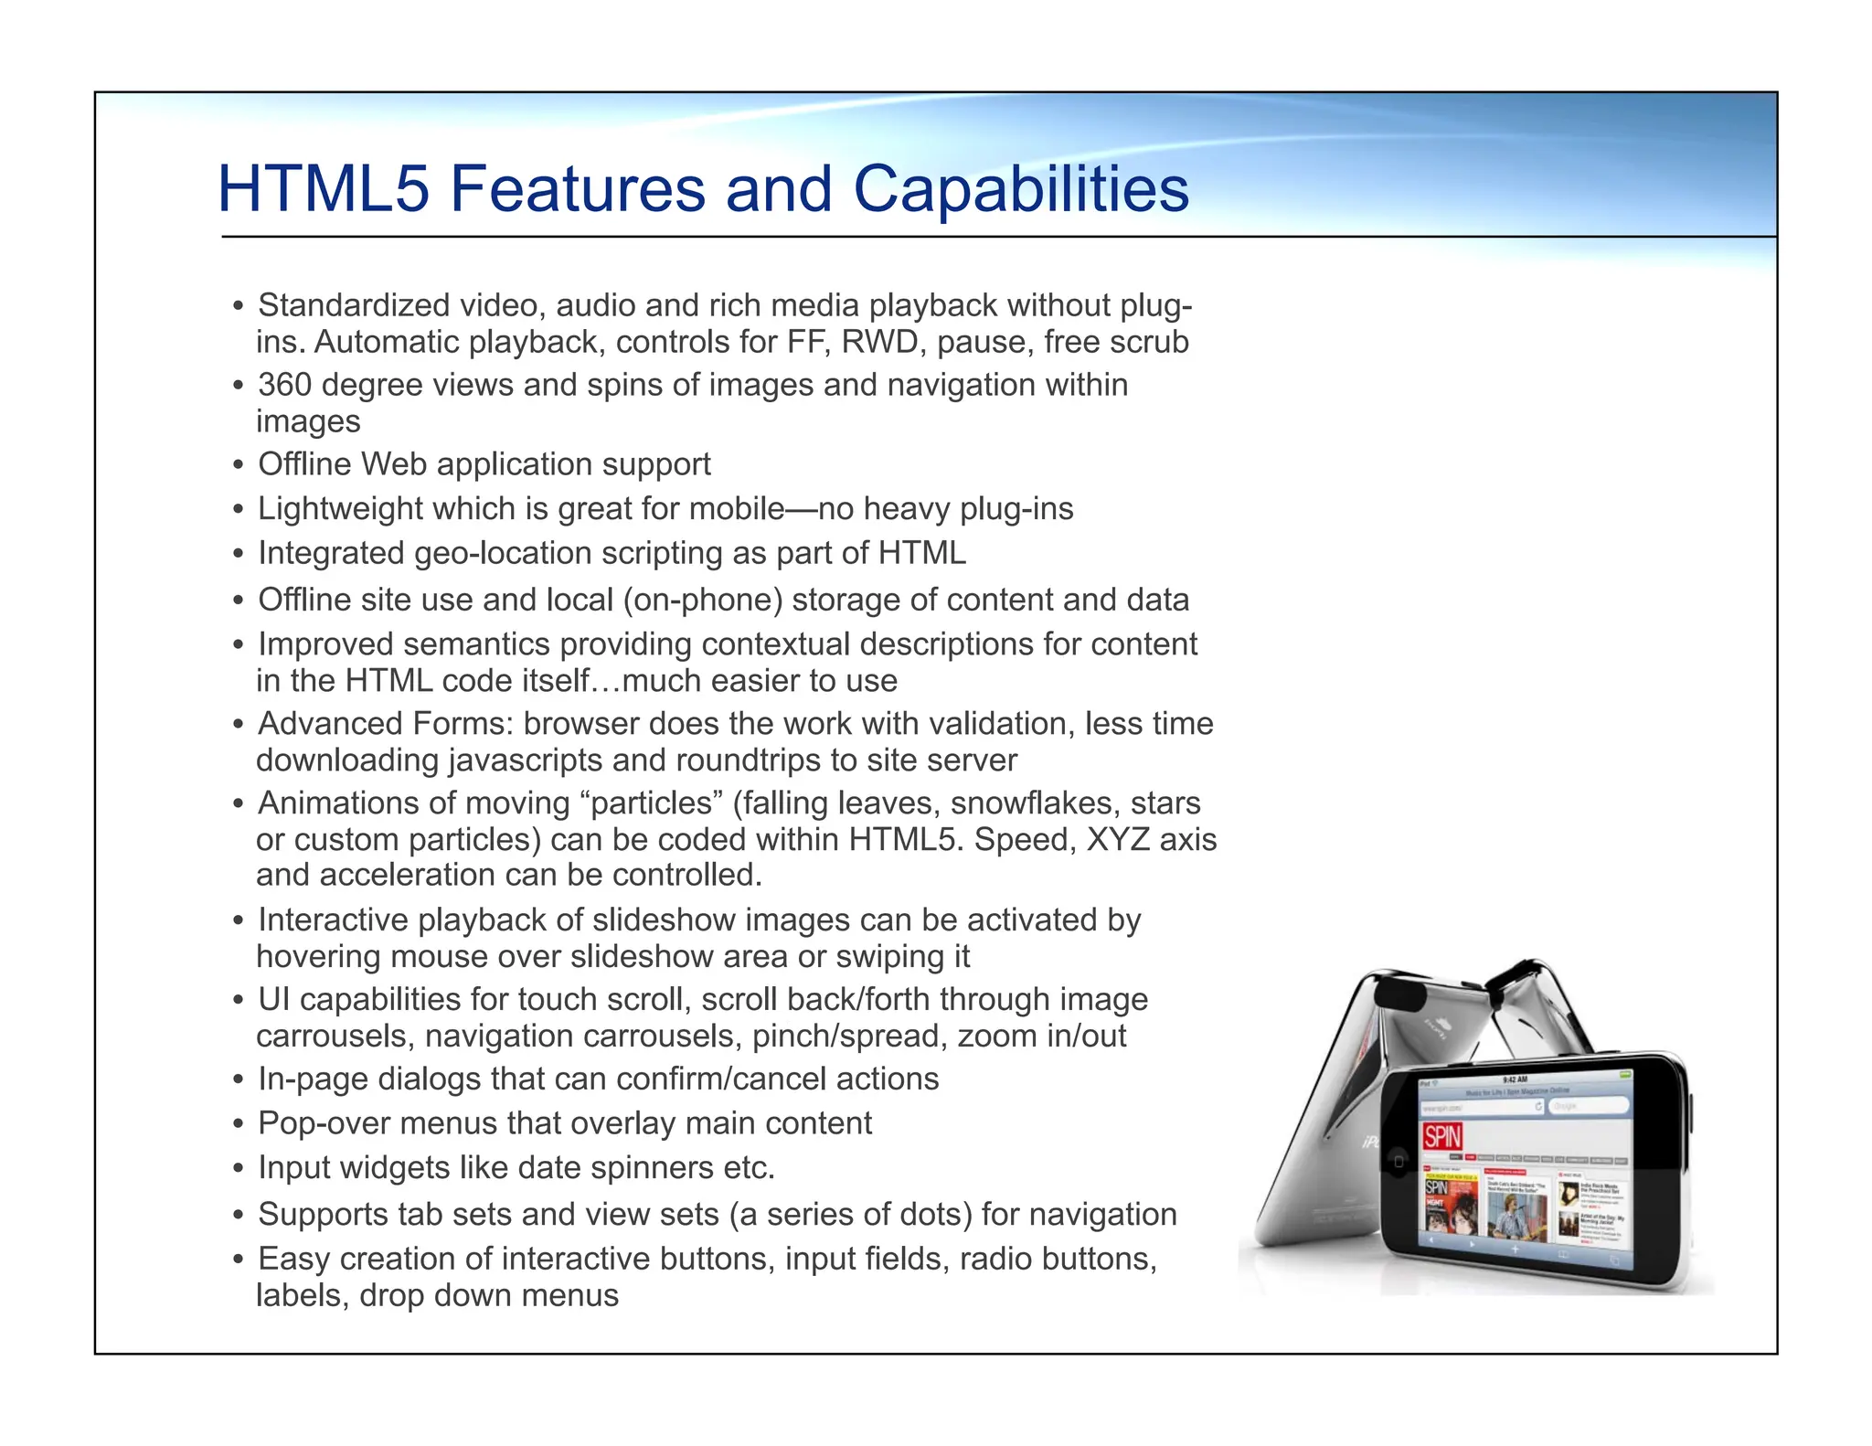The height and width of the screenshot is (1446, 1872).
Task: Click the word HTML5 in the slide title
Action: pyautogui.click(x=323, y=189)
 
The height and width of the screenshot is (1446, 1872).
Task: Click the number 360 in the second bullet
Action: pyautogui.click(x=285, y=385)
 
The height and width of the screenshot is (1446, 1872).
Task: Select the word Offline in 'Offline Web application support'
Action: pyautogui.click(x=304, y=464)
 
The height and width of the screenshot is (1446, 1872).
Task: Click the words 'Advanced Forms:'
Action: pyautogui.click(x=386, y=724)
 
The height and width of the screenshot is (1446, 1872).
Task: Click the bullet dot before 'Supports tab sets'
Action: pyautogui.click(x=239, y=1216)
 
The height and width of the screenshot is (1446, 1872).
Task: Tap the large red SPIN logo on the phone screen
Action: pyautogui.click(x=1442, y=1137)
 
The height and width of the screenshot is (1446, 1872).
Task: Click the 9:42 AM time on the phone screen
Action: pyautogui.click(x=1515, y=1079)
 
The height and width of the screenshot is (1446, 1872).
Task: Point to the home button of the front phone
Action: pyautogui.click(x=1399, y=1162)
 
